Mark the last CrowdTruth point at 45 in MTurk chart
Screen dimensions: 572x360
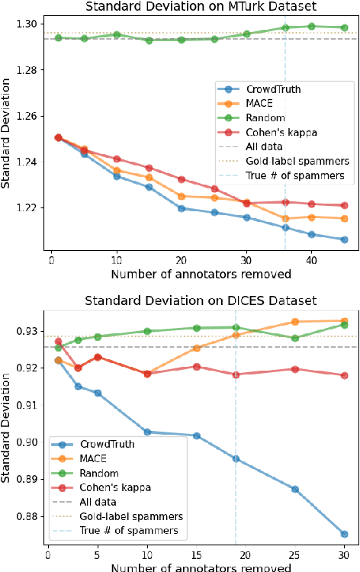click(345, 239)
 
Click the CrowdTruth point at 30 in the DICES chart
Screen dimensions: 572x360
click(345, 534)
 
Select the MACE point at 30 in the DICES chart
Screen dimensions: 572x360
click(345, 321)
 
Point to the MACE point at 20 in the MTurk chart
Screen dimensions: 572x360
click(182, 196)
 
